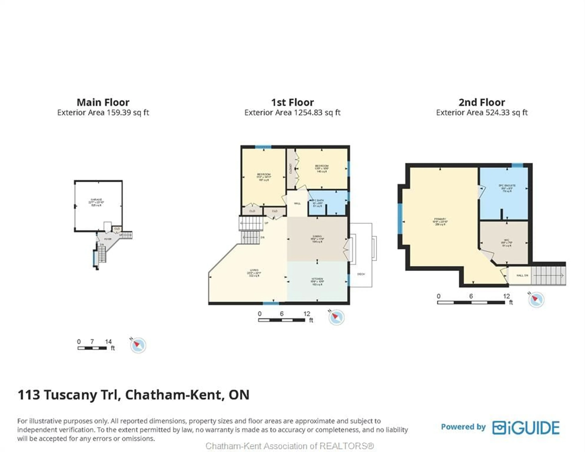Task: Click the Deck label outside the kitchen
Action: (x=361, y=274)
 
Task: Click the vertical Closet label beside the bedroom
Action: (x=291, y=169)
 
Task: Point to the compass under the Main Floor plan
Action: (x=138, y=345)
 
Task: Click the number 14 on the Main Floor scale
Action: (x=108, y=342)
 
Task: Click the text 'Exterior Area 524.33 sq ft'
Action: (x=481, y=113)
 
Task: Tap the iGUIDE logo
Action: (x=526, y=428)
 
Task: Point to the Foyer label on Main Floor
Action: (x=108, y=239)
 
